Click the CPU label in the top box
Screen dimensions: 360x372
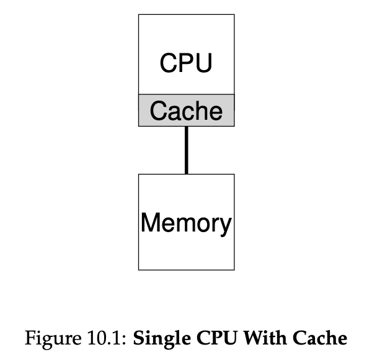click(186, 63)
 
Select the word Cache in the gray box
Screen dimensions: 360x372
click(186, 111)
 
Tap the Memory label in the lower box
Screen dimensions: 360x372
click(186, 222)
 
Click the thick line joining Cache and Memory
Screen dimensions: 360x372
click(186, 150)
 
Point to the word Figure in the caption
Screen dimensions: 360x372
click(45, 340)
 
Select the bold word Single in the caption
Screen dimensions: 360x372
click(155, 340)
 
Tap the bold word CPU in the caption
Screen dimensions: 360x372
click(203, 340)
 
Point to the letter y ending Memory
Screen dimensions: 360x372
click(225, 225)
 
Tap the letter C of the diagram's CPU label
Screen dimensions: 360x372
click(168, 63)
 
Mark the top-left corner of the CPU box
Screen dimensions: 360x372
click(138, 15)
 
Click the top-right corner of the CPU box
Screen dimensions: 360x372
click(234, 15)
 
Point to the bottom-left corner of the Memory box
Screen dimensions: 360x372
click(138, 269)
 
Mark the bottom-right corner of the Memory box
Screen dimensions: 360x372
click(234, 269)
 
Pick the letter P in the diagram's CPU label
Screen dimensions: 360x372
click(186, 63)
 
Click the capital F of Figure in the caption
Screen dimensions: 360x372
click(29, 340)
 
